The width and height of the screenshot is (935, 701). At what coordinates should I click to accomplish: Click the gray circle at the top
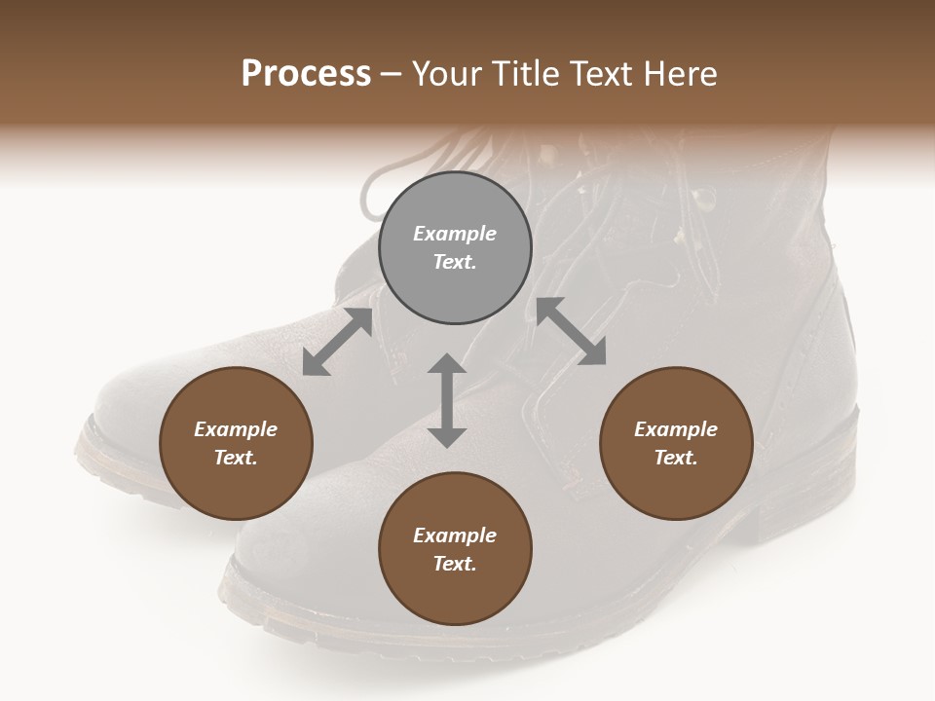pyautogui.click(x=455, y=248)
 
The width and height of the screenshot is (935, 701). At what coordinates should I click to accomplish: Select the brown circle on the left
pyautogui.click(x=236, y=444)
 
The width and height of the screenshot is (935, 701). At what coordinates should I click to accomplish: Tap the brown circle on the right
pyautogui.click(x=676, y=444)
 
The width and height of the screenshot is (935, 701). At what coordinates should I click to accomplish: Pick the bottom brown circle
pyautogui.click(x=455, y=549)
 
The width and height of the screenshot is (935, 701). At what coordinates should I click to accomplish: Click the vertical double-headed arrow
pyautogui.click(x=447, y=400)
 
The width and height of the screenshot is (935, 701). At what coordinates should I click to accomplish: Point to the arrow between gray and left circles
pyautogui.click(x=337, y=342)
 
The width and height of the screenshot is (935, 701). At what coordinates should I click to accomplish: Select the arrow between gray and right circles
pyautogui.click(x=572, y=331)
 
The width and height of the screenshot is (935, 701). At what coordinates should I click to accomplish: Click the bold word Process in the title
pyautogui.click(x=306, y=74)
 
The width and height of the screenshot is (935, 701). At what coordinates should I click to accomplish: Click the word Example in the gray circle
pyautogui.click(x=455, y=234)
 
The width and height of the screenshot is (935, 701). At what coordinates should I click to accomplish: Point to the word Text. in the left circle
pyautogui.click(x=236, y=458)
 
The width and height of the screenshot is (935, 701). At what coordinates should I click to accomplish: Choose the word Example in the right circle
pyautogui.click(x=676, y=429)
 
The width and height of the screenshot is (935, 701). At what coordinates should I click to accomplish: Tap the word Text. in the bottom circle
pyautogui.click(x=455, y=564)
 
